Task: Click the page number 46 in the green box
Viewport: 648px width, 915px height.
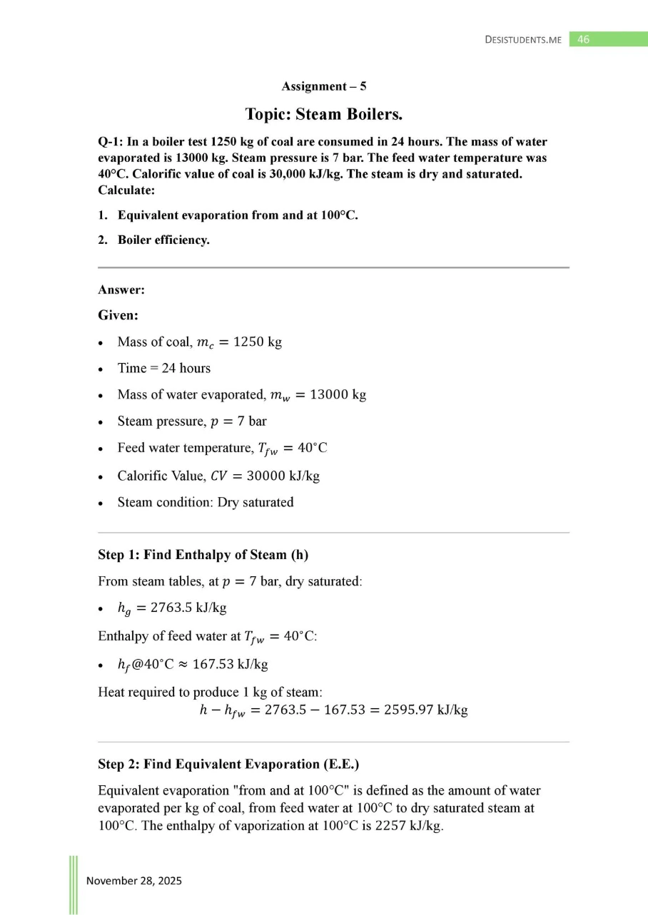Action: pos(584,40)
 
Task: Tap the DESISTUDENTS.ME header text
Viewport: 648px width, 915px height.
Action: pos(522,40)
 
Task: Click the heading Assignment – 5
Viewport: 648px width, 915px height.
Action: pos(324,86)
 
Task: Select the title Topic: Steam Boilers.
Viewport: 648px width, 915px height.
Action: pos(324,114)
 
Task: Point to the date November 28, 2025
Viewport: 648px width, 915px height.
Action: pos(134,881)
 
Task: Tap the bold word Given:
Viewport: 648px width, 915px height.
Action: pos(118,315)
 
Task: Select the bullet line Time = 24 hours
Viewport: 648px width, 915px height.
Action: pos(163,369)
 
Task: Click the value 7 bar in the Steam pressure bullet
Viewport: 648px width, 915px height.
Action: pos(251,421)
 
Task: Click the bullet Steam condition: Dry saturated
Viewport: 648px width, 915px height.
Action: pos(205,502)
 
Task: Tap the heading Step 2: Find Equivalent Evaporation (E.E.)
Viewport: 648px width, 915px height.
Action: pos(228,764)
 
